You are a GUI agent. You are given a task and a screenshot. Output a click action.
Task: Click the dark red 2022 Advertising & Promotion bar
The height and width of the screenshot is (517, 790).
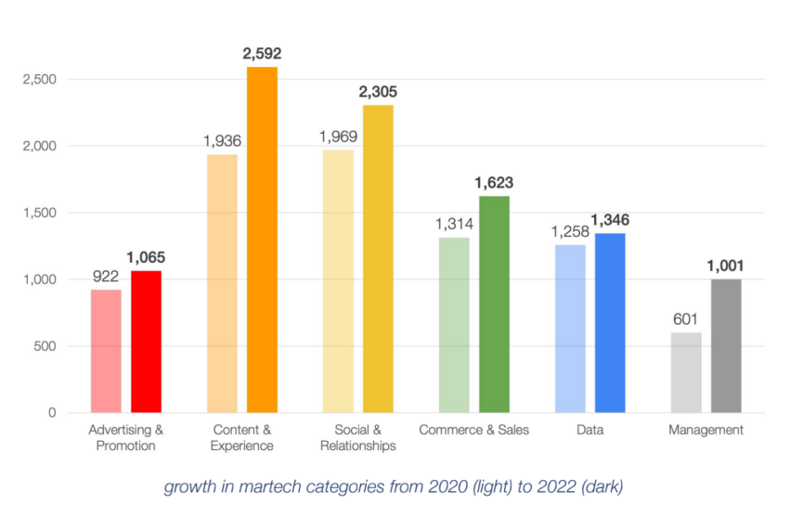[146, 342]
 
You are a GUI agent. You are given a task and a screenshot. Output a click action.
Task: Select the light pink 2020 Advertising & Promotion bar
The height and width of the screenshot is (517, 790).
[106, 351]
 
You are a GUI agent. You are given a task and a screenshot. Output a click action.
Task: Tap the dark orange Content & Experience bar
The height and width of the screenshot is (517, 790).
[262, 239]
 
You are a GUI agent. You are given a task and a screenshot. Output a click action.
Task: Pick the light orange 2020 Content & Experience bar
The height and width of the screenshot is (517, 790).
[222, 283]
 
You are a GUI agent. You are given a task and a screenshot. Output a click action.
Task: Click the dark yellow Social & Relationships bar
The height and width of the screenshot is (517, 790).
[378, 259]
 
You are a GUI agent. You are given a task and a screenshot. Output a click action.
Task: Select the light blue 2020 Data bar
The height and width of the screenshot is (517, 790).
[570, 329]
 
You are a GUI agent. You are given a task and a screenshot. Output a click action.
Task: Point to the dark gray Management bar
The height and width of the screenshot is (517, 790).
[726, 345]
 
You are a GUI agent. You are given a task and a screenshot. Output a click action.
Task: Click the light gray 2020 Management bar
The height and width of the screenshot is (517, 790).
[686, 372]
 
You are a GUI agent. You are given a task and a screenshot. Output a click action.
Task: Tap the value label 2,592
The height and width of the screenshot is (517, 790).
[262, 54]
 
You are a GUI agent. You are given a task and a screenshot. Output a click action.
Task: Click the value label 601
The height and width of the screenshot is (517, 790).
[686, 319]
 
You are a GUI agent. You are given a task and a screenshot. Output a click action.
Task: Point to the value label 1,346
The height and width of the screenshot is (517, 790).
[610, 220]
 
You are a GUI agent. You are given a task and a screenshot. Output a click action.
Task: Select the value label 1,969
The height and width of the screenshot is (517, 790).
[338, 136]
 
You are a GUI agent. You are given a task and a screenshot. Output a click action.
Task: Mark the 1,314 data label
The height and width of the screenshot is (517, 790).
[454, 224]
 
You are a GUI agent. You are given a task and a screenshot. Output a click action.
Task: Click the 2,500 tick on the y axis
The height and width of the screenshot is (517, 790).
[39, 80]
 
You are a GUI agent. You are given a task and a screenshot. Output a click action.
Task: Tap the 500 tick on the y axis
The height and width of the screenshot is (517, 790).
[45, 346]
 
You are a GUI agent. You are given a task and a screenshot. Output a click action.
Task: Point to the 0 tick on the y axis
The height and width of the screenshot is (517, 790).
[53, 413]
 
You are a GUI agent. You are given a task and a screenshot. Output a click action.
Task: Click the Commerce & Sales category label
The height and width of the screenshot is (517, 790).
[473, 430]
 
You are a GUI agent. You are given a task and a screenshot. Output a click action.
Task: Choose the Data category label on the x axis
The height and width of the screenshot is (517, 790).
[589, 430]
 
